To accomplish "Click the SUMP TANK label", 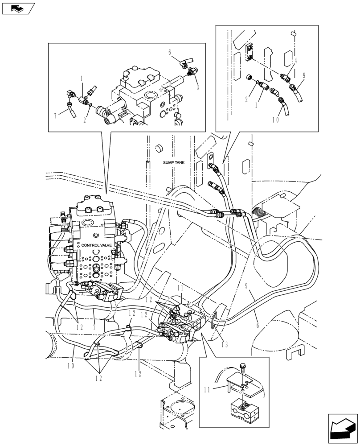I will (174, 163).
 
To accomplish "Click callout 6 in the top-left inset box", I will (170, 53).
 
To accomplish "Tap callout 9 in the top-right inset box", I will (303, 76).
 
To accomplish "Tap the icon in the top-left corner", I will (18, 8).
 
